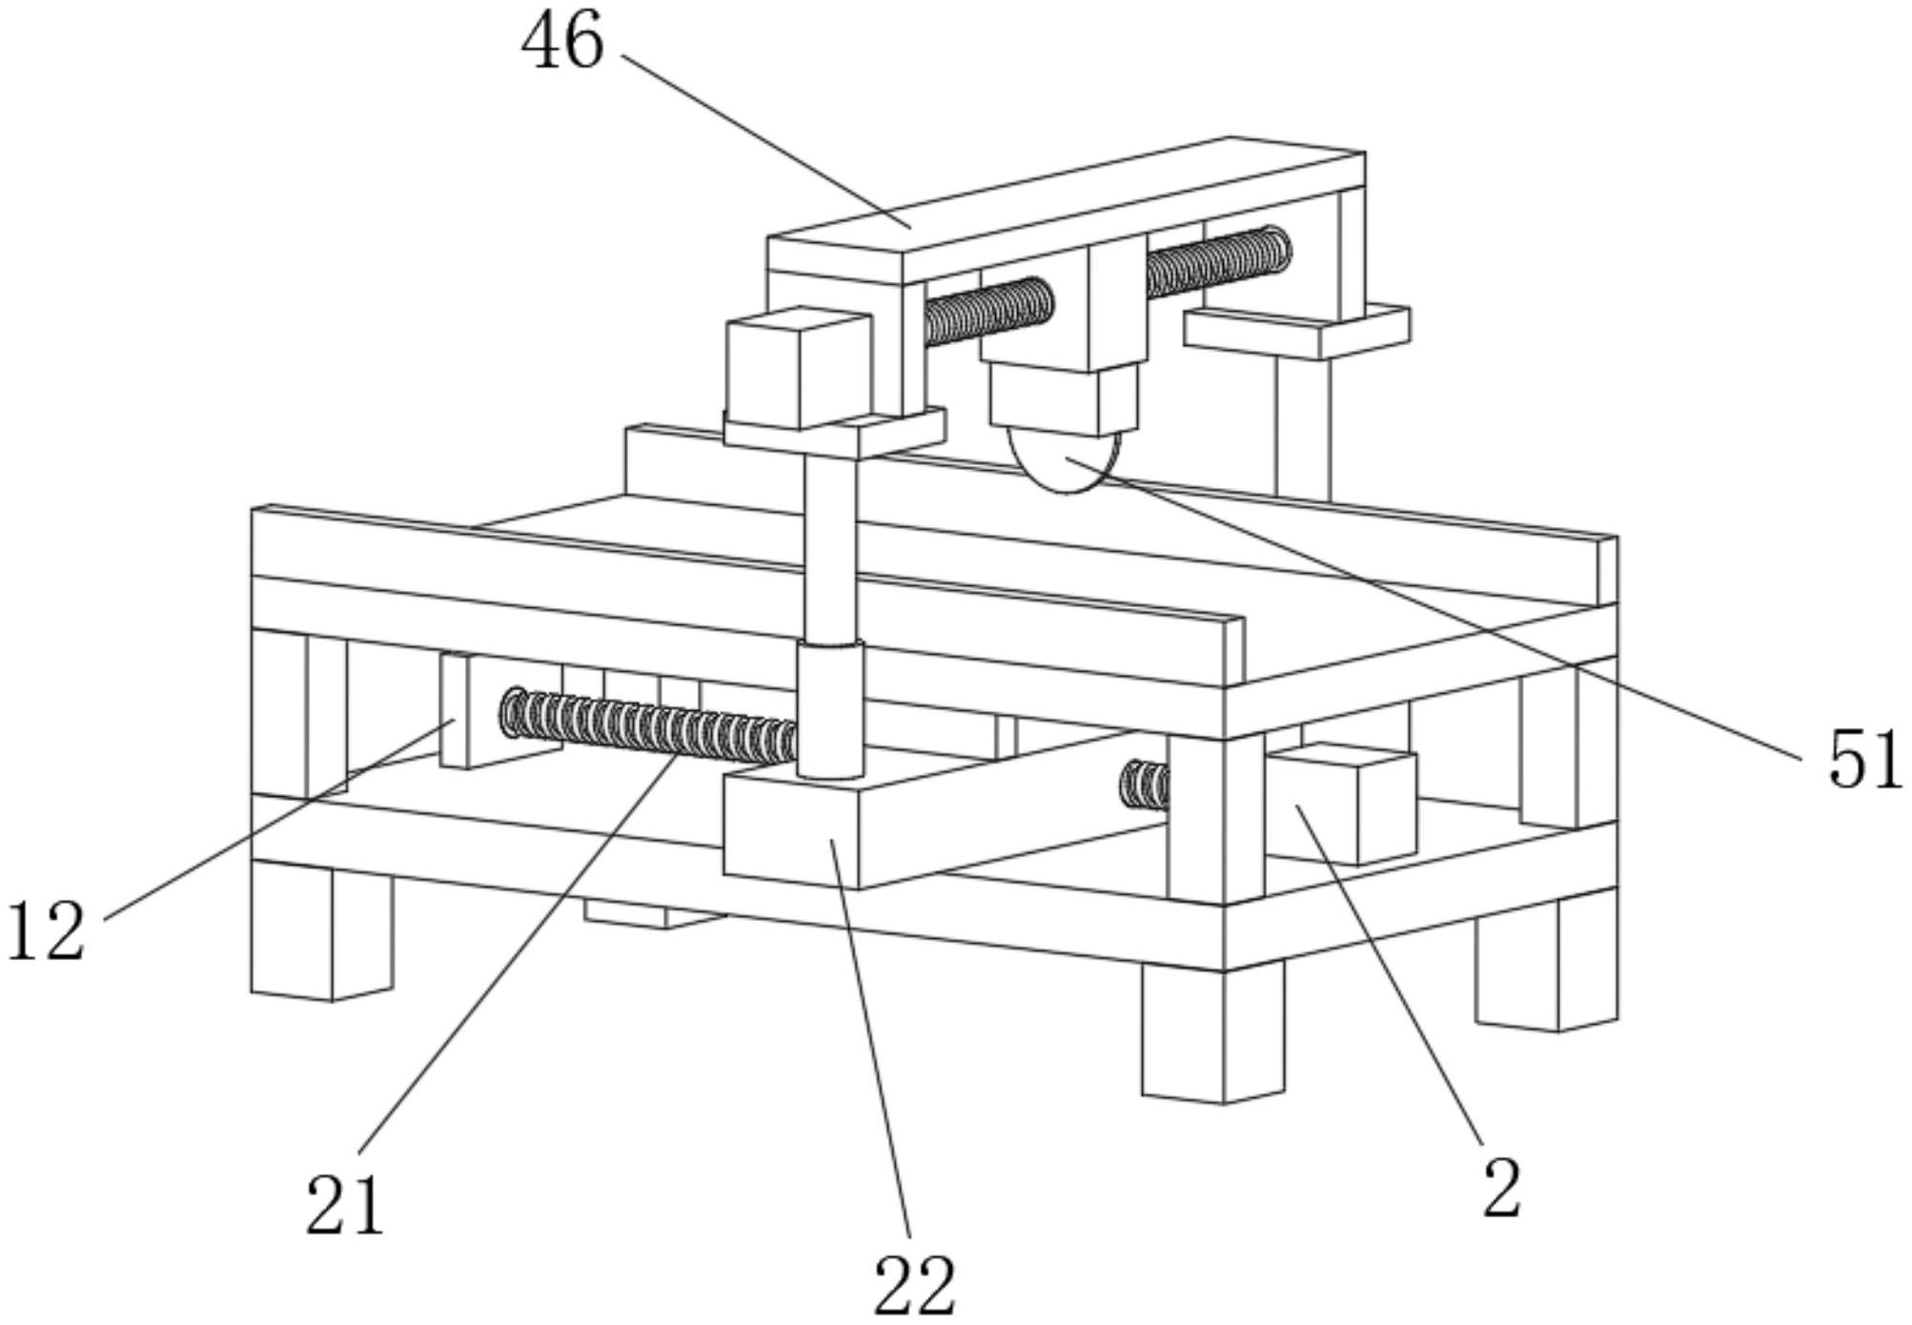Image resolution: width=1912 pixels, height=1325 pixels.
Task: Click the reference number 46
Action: point(562,43)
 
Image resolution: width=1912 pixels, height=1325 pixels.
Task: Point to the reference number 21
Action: point(345,1205)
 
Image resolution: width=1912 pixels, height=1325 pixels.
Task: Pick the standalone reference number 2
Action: point(1502,1189)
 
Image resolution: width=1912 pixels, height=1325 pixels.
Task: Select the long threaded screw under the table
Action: point(649,728)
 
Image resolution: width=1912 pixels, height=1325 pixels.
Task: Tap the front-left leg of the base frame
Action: point(322,930)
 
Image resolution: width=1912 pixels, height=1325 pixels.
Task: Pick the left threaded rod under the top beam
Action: point(989,310)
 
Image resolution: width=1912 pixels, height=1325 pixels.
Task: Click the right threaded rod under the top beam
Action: point(1218,260)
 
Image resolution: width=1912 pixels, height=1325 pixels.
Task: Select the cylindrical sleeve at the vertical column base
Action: point(830,710)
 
